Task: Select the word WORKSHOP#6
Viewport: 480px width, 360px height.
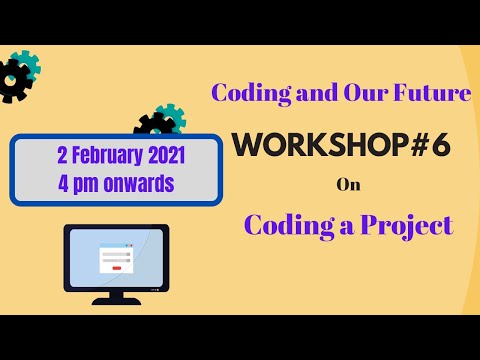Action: [341, 147]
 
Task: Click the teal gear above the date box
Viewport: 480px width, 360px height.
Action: [170, 117]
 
